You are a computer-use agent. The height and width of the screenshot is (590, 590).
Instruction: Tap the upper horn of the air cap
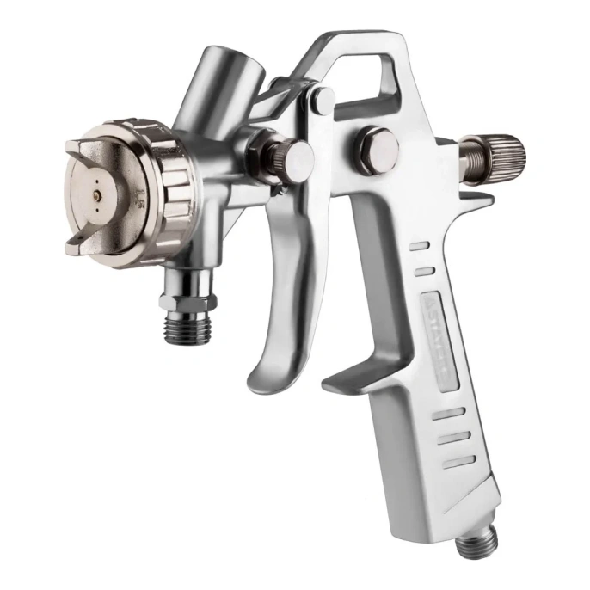(99, 140)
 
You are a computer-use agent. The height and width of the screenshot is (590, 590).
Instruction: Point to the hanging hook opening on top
(365, 73)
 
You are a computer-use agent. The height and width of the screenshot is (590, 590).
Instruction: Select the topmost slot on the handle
(421, 246)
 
